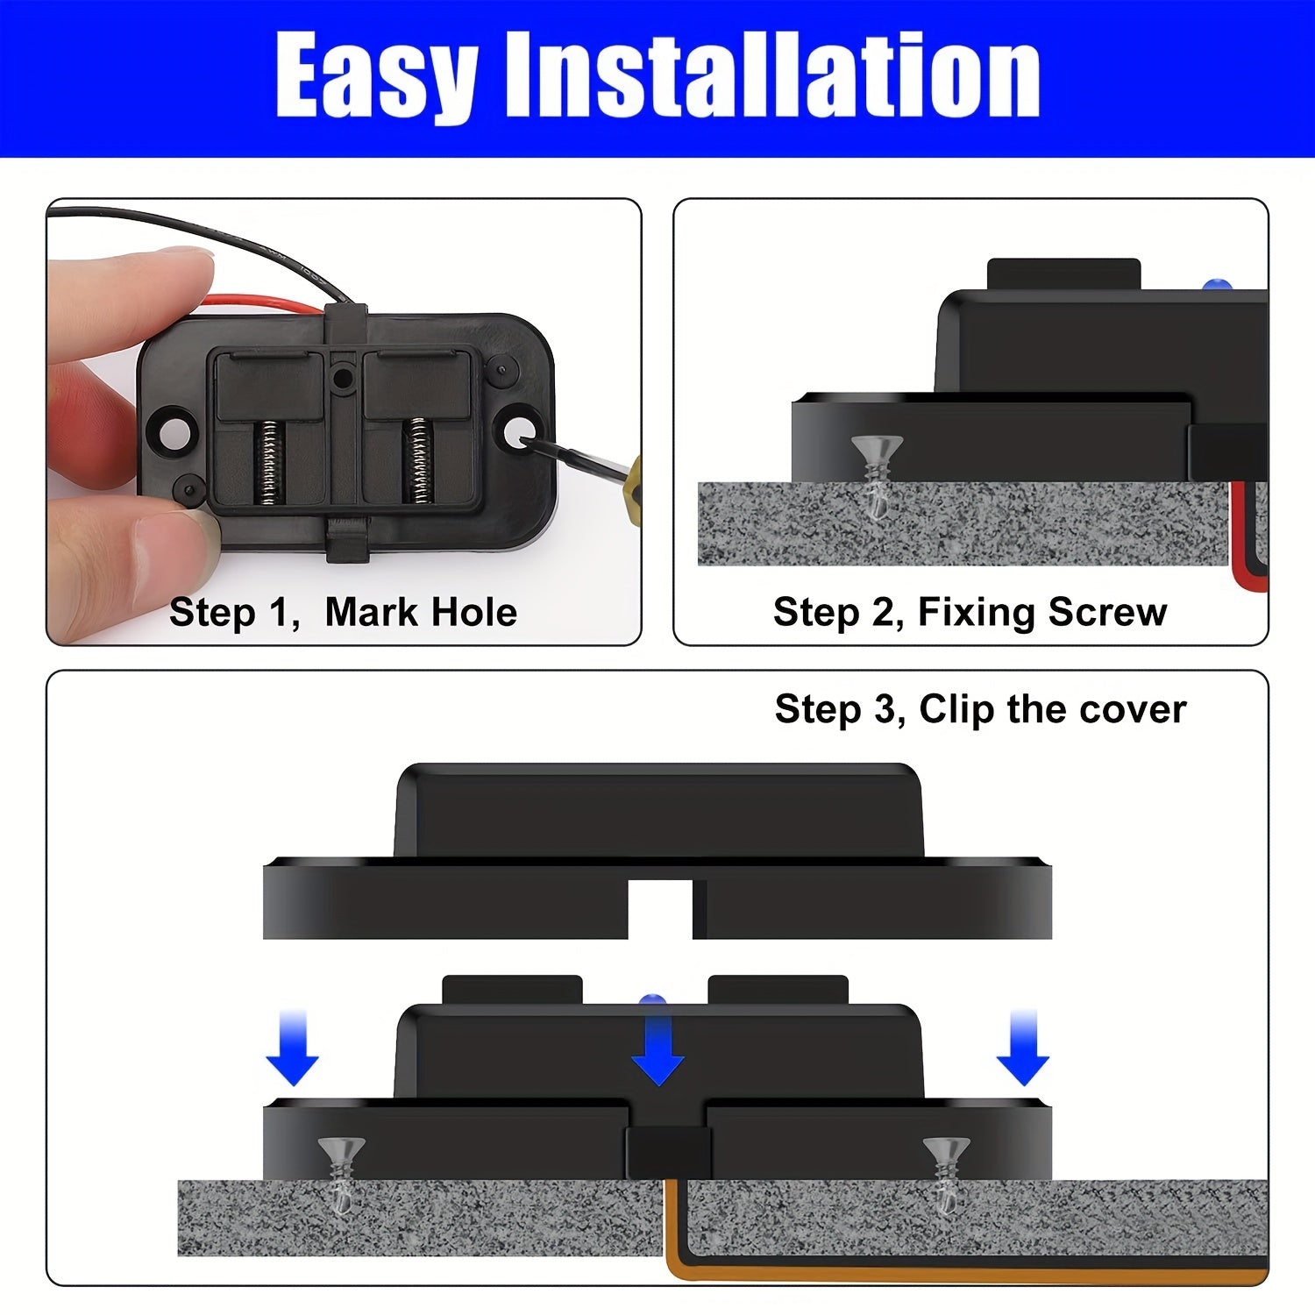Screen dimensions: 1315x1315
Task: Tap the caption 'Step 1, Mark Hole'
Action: pyautogui.click(x=343, y=612)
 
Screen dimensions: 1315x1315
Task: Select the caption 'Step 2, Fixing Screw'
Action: pyautogui.click(x=970, y=612)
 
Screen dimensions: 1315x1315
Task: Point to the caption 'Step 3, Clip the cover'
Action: pyautogui.click(x=980, y=709)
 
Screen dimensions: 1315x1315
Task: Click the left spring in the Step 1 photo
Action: pyautogui.click(x=270, y=462)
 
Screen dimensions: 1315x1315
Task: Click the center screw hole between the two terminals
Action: pyautogui.click(x=343, y=378)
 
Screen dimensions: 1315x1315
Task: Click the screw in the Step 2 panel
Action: pyautogui.click(x=877, y=473)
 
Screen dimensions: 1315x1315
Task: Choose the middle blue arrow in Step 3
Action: pyautogui.click(x=657, y=1048)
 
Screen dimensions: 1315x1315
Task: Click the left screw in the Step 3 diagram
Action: pyautogui.click(x=342, y=1170)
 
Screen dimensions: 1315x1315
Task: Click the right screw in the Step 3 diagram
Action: pyautogui.click(x=946, y=1170)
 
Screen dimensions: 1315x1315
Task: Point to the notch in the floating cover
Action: pyautogui.click(x=660, y=908)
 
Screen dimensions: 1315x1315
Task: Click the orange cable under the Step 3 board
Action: pyautogui.click(x=964, y=1271)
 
